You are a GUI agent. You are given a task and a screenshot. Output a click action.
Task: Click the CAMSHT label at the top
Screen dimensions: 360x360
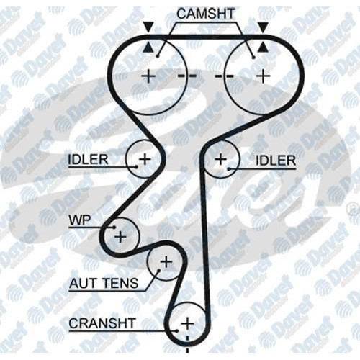coord(206,14)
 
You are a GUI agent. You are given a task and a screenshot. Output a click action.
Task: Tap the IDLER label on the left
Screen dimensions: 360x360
coord(89,159)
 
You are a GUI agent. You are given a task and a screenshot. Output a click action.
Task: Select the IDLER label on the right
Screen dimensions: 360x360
coord(276,161)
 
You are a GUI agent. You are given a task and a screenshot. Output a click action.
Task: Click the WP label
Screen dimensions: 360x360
coord(80,220)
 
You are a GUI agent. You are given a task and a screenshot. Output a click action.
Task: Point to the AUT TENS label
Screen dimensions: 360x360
coord(104,283)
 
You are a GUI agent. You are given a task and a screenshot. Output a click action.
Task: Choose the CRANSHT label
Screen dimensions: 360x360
coord(102,323)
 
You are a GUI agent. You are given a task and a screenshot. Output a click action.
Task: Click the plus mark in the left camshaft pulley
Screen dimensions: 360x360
coord(148,76)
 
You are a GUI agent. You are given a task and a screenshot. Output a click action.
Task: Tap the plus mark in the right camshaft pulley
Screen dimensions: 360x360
coord(264,76)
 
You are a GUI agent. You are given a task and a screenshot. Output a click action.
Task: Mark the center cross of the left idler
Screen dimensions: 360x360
coord(145,158)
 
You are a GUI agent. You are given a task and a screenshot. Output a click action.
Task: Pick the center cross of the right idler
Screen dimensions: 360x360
coord(221,159)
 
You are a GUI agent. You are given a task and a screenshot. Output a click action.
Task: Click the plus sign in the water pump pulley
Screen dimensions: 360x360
coord(120,237)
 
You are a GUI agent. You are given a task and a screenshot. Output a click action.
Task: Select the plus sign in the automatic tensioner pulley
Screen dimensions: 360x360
coord(166,261)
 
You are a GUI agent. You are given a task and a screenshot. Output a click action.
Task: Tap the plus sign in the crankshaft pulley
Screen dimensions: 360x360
coord(188,323)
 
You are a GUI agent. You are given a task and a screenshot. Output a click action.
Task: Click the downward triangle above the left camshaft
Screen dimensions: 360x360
coord(148,27)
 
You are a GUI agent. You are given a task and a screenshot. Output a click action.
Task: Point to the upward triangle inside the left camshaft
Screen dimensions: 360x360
coord(148,47)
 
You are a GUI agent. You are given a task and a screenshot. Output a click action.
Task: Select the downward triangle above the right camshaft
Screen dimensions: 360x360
coord(264,27)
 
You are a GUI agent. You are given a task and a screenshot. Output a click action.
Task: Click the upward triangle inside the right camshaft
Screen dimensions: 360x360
coord(264,47)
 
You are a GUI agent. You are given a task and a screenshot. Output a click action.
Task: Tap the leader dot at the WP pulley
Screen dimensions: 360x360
coord(114,228)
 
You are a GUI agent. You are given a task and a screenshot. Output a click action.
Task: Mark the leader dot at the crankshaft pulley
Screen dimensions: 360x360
coord(177,331)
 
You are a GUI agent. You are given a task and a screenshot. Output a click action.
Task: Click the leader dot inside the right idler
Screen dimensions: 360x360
coord(229,169)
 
